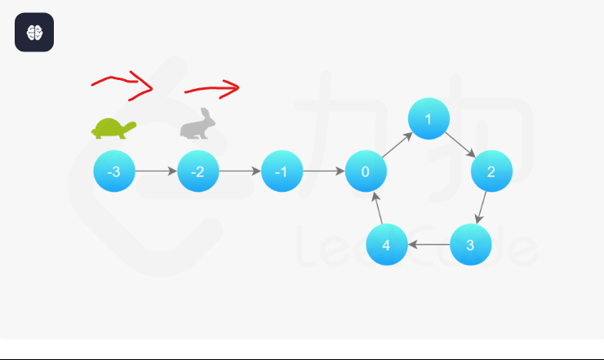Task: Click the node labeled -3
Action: tap(114, 171)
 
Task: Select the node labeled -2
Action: tap(198, 171)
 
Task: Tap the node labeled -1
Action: tap(282, 171)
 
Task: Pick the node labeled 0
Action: tap(366, 171)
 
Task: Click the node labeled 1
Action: tap(429, 119)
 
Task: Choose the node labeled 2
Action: tap(491, 171)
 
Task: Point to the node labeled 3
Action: tap(470, 244)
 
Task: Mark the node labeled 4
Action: tap(387, 244)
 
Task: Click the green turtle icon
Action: tap(113, 128)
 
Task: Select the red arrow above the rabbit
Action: tap(211, 88)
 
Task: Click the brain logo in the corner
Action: tap(34, 33)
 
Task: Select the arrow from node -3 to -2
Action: tap(156, 171)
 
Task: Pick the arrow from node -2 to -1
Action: tap(240, 171)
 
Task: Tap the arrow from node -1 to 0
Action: tap(324, 171)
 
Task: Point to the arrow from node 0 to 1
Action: tap(397, 146)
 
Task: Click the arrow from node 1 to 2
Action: tap(460, 145)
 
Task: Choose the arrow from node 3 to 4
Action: tap(429, 244)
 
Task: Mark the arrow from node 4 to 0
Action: tap(376, 208)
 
